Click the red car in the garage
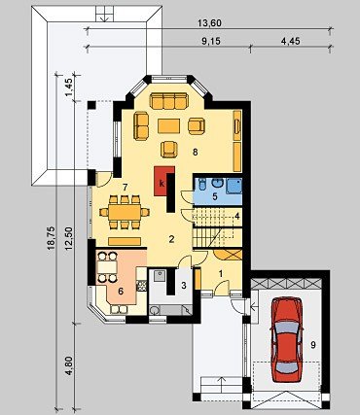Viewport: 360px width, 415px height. point(287,339)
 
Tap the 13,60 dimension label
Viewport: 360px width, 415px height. point(209,23)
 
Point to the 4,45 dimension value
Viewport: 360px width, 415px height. point(290,41)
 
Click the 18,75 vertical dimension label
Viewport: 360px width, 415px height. point(51,238)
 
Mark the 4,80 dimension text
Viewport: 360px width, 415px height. point(69,365)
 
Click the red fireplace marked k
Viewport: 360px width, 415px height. point(164,181)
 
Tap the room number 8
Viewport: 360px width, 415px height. point(195,152)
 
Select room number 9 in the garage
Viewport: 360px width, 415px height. point(313,345)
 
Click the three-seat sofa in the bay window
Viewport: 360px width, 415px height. point(169,101)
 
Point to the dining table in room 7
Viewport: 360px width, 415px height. point(124,212)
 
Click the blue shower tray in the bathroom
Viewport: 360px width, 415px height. point(234,186)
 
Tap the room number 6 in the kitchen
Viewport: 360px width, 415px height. point(121,292)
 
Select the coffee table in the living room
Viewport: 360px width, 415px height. point(169,126)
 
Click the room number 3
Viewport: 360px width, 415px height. point(184,286)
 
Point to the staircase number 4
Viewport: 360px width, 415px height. point(237,216)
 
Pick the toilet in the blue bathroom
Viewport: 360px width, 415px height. point(201,185)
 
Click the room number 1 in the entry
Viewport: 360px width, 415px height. point(221,274)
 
